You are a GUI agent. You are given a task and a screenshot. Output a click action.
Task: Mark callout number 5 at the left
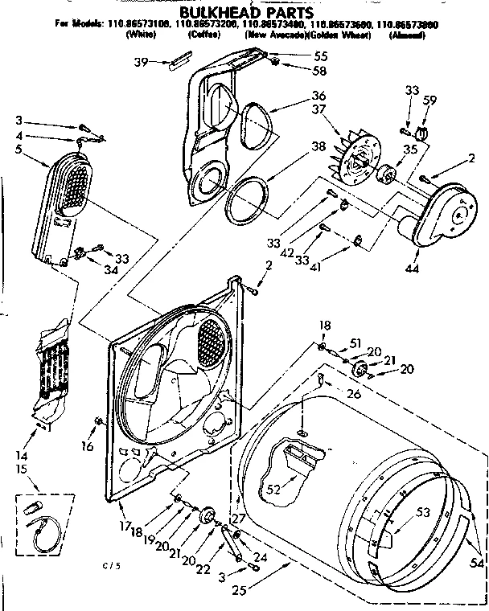coord(18,149)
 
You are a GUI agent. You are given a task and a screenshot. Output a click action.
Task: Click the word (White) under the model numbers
coord(142,36)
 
